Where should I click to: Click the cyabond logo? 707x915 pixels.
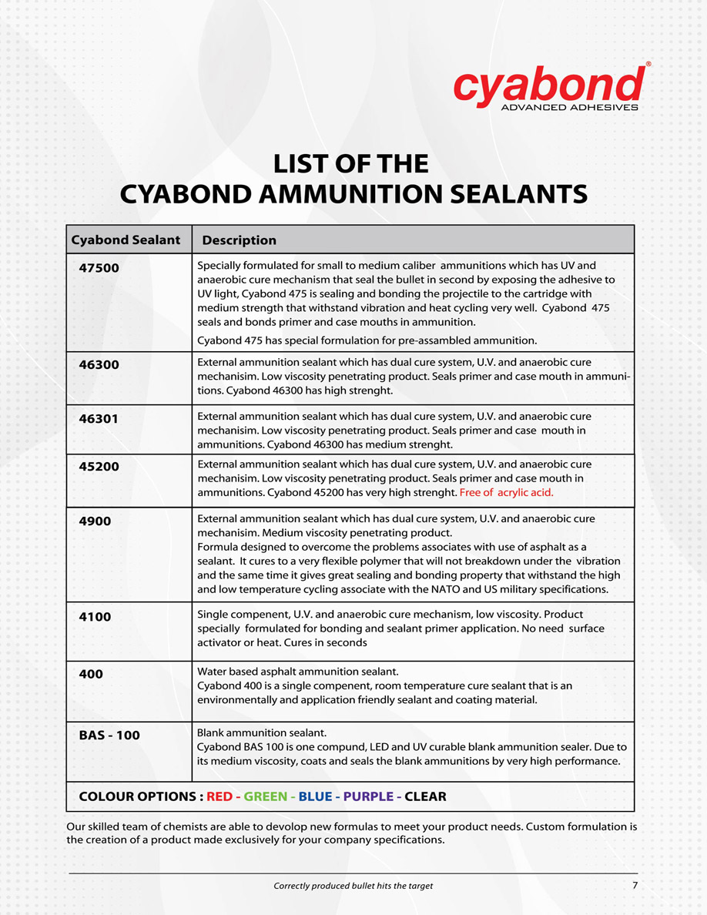tap(548, 86)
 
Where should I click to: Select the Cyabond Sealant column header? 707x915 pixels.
tap(126, 240)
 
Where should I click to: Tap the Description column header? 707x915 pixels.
tap(239, 240)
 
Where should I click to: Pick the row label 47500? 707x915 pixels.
tap(99, 268)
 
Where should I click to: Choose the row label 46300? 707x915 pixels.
tap(99, 364)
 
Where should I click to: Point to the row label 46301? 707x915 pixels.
tap(99, 419)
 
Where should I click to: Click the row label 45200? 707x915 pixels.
tap(99, 467)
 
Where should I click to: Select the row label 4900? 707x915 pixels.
tap(95, 521)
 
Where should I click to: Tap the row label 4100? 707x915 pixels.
tap(95, 617)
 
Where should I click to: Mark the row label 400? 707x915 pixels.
tap(91, 674)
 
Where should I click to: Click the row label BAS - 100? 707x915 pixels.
tap(109, 735)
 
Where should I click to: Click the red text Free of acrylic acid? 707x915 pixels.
tap(506, 492)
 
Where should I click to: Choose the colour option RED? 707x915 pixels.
tap(219, 796)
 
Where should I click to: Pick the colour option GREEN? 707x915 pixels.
tap(266, 796)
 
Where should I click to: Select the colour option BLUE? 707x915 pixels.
tap(315, 796)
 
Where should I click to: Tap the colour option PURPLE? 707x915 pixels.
tap(368, 796)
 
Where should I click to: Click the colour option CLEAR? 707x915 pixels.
tap(425, 796)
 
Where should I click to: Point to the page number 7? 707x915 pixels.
tap(635, 885)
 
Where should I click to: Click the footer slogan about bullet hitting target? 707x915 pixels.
tap(353, 886)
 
